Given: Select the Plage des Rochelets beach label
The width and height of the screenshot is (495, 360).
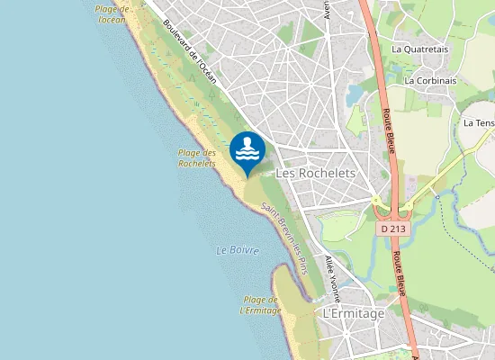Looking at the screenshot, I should [x=197, y=158].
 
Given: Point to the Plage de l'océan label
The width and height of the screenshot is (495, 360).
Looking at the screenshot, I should [x=112, y=13].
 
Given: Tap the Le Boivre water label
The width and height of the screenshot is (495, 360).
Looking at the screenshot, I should [x=238, y=250].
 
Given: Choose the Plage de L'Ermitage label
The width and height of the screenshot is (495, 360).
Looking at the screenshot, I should [x=261, y=305].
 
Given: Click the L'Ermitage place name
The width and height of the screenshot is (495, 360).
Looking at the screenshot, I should [x=353, y=313].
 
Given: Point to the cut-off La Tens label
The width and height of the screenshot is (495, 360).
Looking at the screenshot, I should [x=480, y=122].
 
